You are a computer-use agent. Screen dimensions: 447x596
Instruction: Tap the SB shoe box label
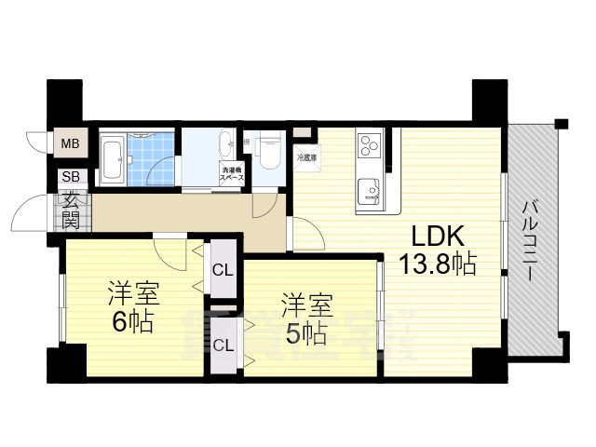[70, 176]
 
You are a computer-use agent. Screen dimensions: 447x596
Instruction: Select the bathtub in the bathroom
[114, 159]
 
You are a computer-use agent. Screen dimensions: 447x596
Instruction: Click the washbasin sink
[226, 144]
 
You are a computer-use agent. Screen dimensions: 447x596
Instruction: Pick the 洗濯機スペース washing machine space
[230, 173]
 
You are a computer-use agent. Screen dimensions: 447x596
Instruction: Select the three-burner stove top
[368, 147]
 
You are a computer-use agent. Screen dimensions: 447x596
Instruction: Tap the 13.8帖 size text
[438, 264]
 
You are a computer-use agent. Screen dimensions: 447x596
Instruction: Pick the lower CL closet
[223, 345]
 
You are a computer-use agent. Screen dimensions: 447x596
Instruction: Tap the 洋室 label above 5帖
[305, 304]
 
